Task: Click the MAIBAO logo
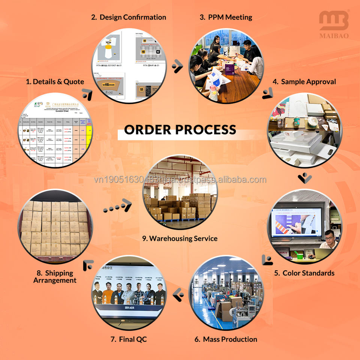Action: point(334,24)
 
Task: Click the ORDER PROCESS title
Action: point(180,130)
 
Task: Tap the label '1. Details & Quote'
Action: point(55,81)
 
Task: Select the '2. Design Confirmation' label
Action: point(129,17)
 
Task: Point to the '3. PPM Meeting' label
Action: point(226,17)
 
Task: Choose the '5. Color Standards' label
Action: point(304,273)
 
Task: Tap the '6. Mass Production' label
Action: point(226,339)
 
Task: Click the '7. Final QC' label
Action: point(129,339)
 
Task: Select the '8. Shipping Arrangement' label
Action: point(55,276)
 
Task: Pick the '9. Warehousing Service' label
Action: point(180,238)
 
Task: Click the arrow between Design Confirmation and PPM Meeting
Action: point(177,67)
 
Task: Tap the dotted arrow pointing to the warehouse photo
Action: point(117,206)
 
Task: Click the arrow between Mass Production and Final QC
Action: point(178,295)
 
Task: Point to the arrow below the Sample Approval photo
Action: point(305,177)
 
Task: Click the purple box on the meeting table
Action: point(230,69)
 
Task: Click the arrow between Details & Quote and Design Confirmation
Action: point(88,94)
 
